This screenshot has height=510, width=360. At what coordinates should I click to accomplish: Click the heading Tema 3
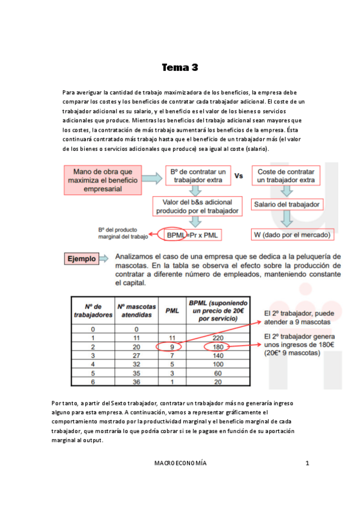point(180,67)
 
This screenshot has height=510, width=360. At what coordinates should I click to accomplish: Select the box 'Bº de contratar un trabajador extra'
point(198,176)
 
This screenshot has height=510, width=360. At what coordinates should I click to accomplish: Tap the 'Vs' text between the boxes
point(238,176)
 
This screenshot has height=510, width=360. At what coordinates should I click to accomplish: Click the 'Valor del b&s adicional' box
point(198,206)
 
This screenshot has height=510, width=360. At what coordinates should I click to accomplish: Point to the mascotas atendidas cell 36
point(136,381)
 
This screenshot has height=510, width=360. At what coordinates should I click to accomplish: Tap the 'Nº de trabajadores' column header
point(93,310)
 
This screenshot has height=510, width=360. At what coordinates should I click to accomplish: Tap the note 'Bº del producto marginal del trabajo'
point(122,233)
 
